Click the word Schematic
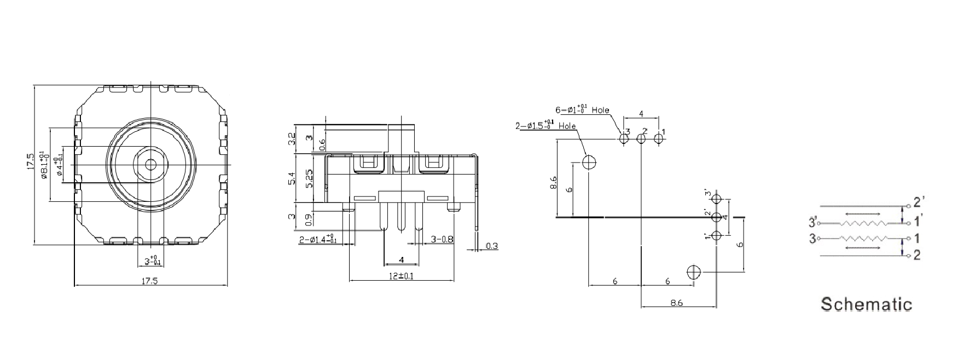pos(867,304)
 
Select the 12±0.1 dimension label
pos(401,276)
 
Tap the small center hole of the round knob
pos(149,163)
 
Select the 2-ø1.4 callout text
pos(318,240)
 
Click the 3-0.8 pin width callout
pos(442,239)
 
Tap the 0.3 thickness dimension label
pos(492,246)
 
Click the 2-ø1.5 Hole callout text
pos(546,125)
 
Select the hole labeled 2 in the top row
pos(641,138)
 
